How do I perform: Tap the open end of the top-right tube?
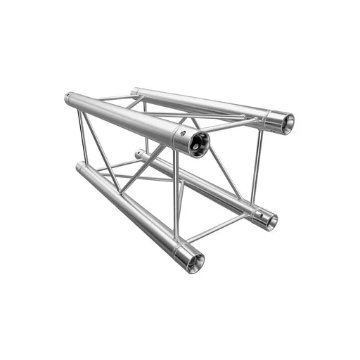pos(283,122)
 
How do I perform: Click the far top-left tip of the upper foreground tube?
pos(67,98)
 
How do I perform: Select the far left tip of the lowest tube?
pos(78,168)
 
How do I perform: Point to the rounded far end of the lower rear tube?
pos(139,153)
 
